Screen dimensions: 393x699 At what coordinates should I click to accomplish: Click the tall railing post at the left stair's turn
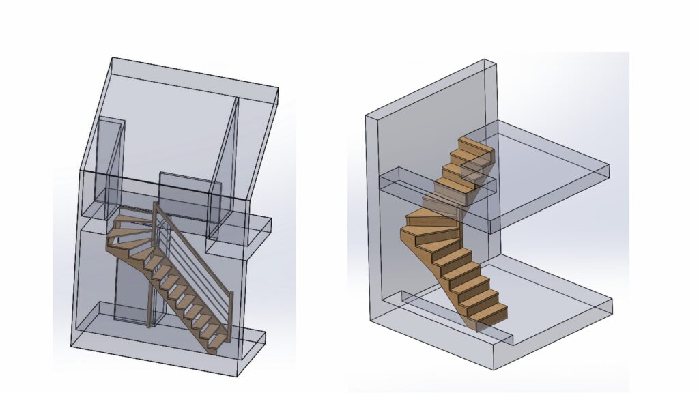click(x=151, y=287)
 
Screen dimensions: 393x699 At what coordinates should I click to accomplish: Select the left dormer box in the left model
click(x=109, y=164)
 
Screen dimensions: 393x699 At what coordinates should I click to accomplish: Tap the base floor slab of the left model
click(x=171, y=348)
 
